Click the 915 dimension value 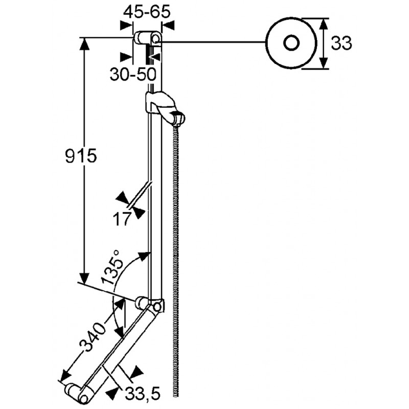coord(81,155)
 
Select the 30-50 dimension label coord(132,74)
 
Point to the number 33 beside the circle coord(341,44)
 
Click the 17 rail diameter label coord(122,219)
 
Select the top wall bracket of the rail coord(147,38)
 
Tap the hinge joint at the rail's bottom coord(152,305)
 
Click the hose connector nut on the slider coord(178,118)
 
